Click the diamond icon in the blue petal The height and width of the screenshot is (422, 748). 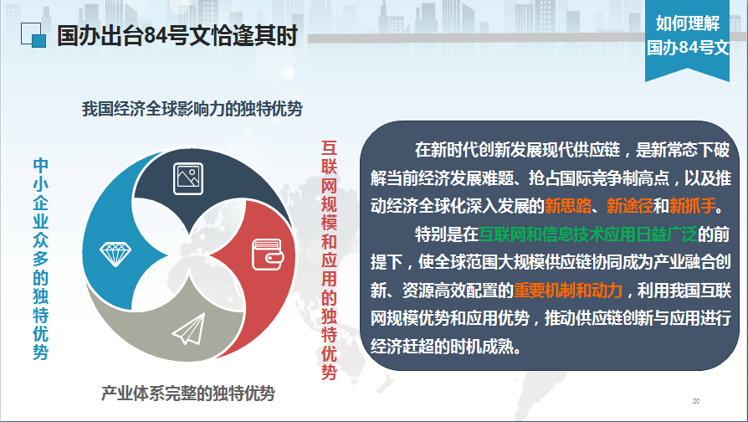[115, 254]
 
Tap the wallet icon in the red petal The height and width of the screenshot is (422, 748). [268, 255]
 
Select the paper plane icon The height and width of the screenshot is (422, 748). [189, 329]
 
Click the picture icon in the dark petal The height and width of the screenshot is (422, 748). [188, 178]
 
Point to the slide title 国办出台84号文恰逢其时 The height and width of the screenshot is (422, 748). [177, 36]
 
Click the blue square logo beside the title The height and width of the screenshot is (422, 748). [33, 35]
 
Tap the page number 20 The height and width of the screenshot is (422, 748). [696, 401]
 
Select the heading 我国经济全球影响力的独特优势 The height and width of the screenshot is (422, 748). [192, 109]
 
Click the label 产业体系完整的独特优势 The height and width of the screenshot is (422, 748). [188, 394]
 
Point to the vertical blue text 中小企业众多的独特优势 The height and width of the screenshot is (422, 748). [40, 259]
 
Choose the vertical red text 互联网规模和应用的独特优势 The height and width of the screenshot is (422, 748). [329, 260]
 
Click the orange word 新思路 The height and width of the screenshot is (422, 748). [567, 206]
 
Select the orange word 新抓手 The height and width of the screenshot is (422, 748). [693, 206]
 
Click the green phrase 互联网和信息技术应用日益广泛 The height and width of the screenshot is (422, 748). [588, 234]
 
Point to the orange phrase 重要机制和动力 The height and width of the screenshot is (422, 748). [568, 291]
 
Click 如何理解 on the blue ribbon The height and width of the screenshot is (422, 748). [688, 23]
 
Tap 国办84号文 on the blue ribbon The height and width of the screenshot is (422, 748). [688, 47]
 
